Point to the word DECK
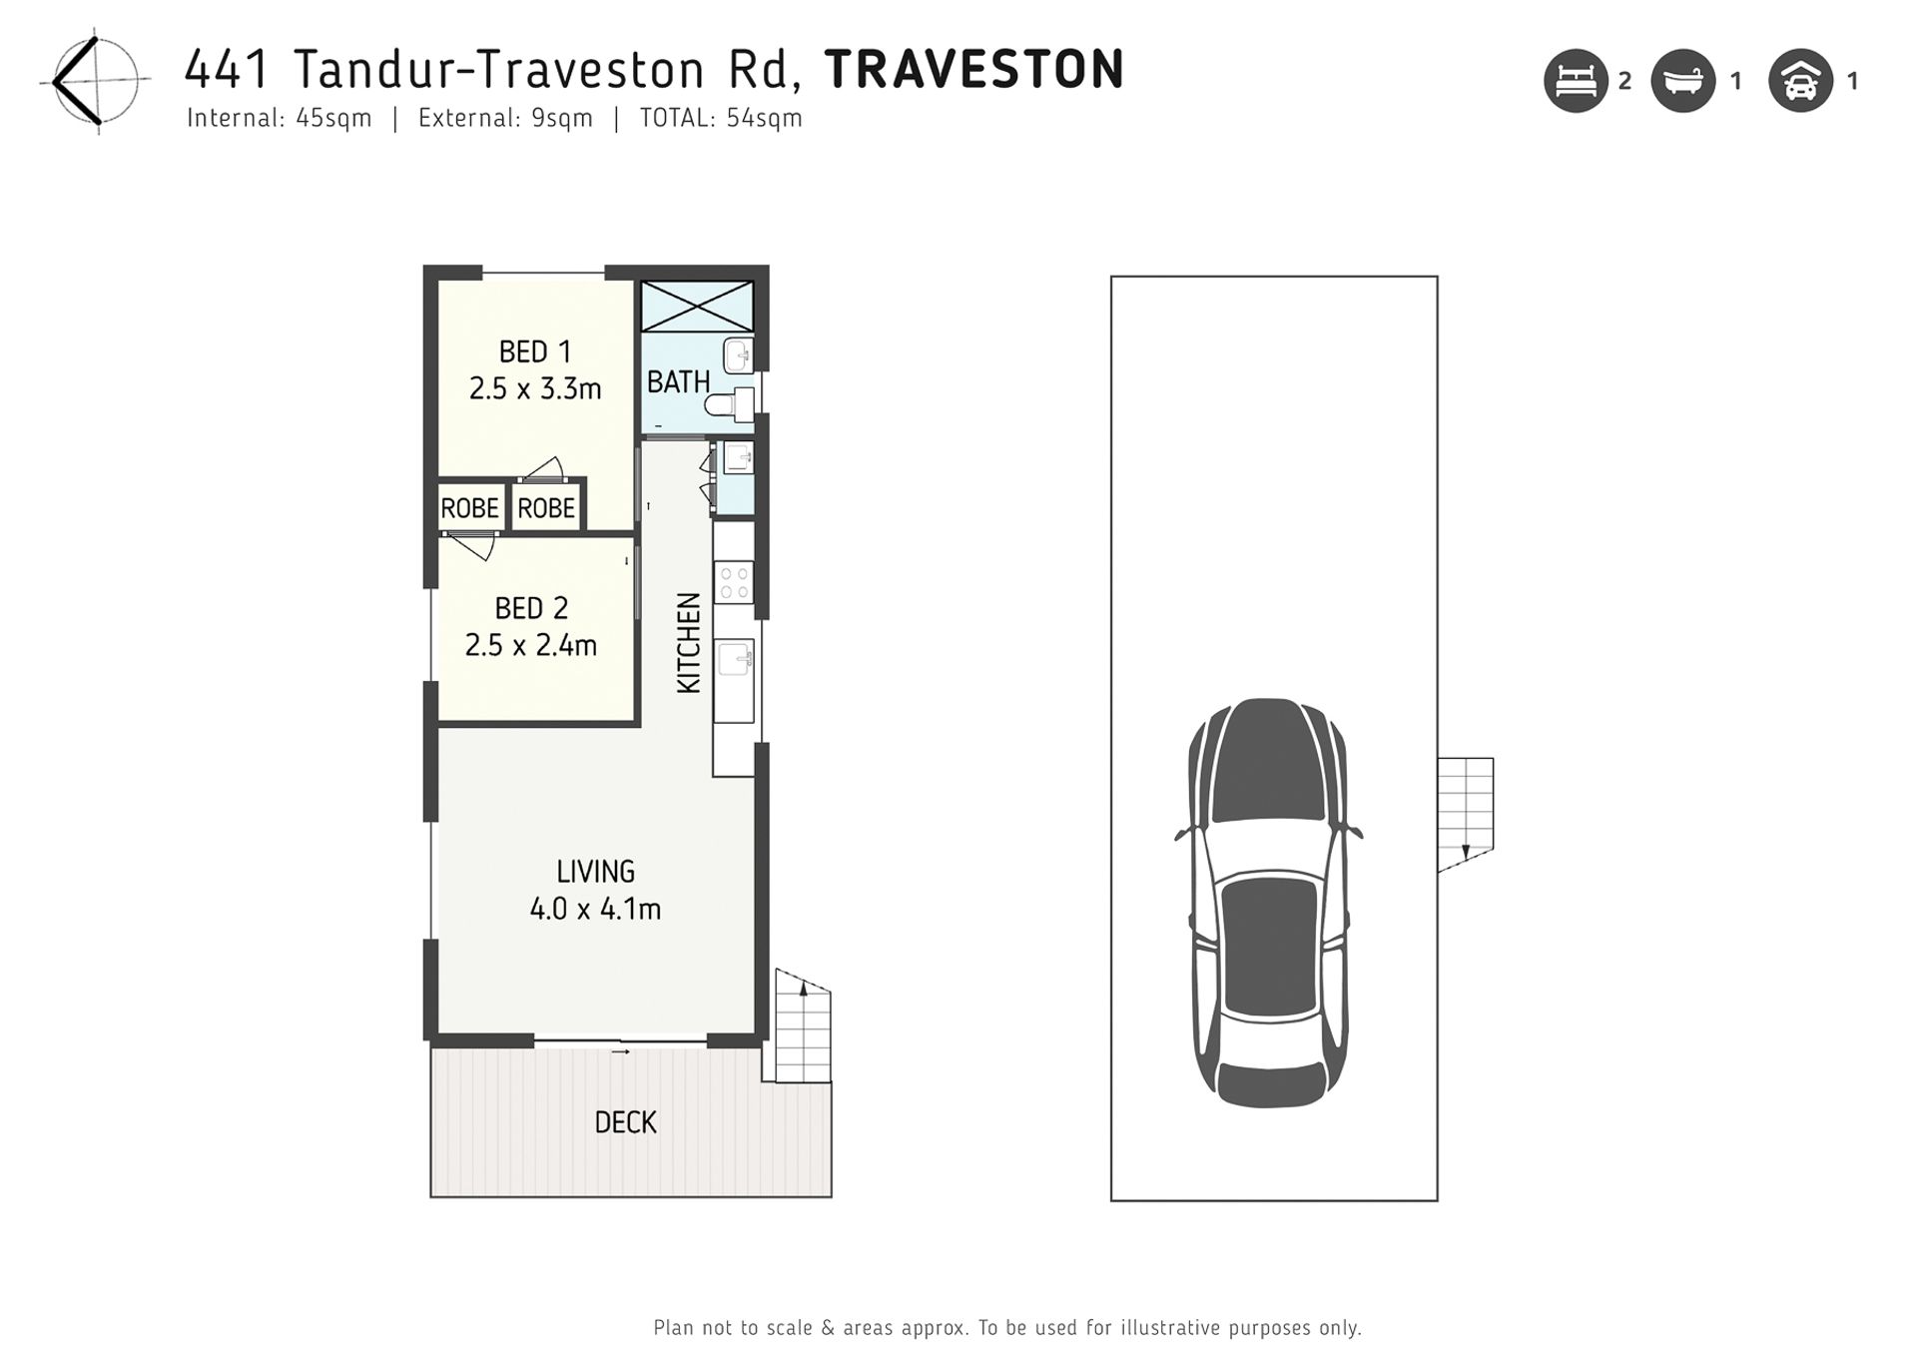point(625,1122)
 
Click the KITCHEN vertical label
point(689,643)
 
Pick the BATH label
point(678,381)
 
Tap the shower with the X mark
point(697,306)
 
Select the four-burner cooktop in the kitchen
point(734,582)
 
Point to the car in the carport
point(1269,903)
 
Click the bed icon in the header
point(1576,81)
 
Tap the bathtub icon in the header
point(1683,81)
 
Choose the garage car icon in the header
point(1800,81)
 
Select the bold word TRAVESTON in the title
point(974,70)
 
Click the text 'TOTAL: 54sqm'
point(721,118)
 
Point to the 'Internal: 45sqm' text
point(280,118)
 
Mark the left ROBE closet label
point(469,508)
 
